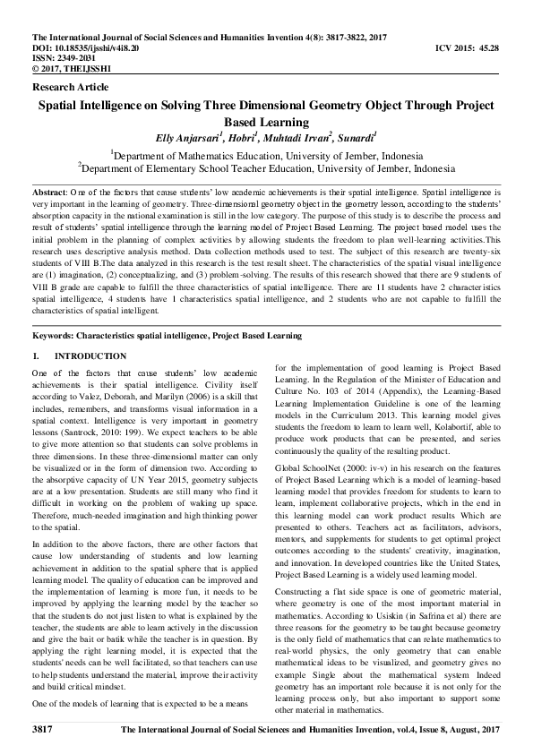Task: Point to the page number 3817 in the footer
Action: coord(44,732)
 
